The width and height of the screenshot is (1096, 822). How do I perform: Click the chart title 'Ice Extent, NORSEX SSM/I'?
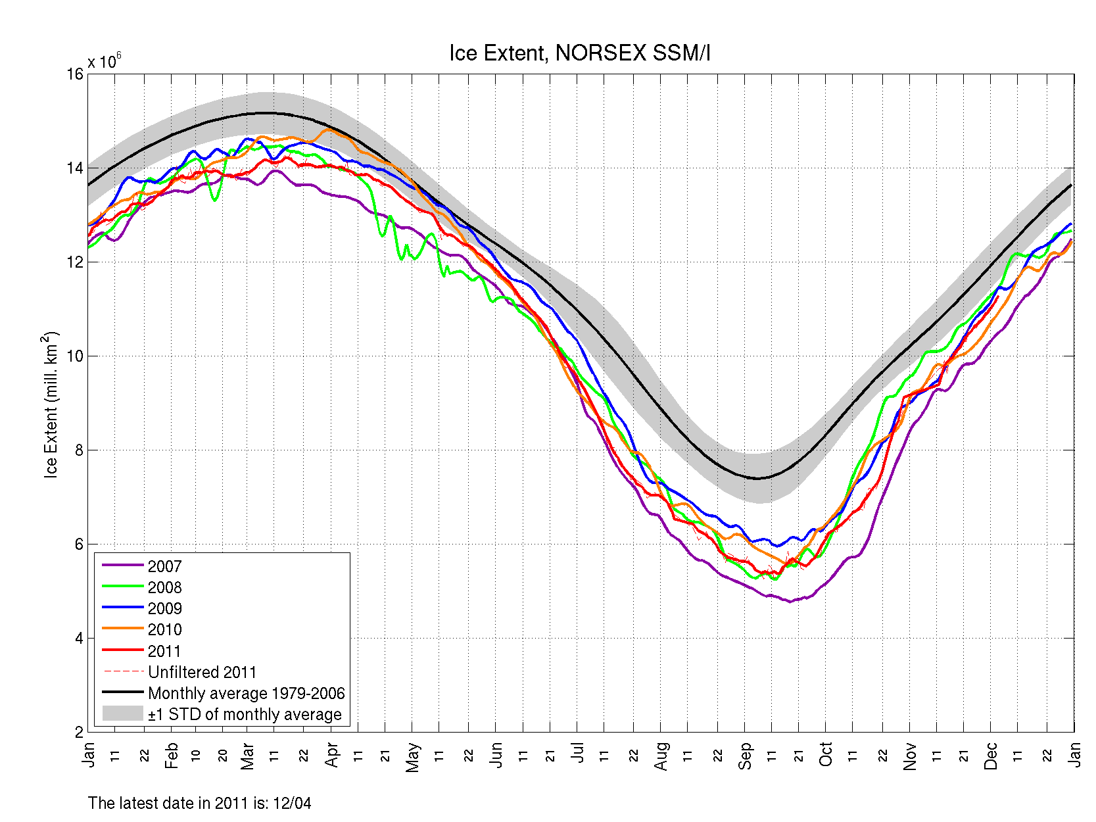coord(579,53)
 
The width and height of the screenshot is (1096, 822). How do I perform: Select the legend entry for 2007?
coord(164,566)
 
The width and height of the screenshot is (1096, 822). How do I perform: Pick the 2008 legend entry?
coord(164,587)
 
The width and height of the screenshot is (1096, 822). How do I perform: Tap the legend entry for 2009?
coord(164,608)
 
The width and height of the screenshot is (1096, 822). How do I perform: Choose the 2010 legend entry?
coord(164,629)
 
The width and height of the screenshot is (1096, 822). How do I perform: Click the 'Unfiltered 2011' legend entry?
coord(202,672)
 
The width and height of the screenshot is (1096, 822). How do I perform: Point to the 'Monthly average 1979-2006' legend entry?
coord(246,693)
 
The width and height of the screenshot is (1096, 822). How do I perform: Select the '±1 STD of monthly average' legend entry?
coord(245,714)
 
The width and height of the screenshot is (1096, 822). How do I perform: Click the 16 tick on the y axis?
coord(75,74)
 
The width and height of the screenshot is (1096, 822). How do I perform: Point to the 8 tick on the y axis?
coord(79,450)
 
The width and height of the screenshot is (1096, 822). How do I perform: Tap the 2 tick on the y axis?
coord(79,732)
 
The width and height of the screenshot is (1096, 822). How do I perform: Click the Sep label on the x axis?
coord(745,756)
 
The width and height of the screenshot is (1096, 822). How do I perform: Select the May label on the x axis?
coord(412,757)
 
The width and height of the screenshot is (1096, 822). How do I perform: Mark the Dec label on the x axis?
coord(991,756)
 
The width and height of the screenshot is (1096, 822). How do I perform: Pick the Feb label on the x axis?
coord(171,756)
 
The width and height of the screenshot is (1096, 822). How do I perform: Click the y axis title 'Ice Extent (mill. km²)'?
coord(51,405)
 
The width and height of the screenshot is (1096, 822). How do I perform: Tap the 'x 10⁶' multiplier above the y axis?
coord(105,61)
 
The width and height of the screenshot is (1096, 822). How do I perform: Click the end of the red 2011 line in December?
coord(998,297)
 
